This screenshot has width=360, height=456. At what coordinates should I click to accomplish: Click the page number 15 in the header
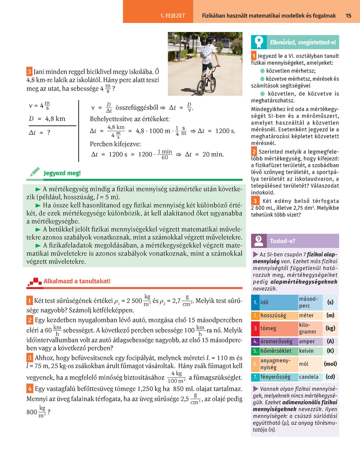click(x=348, y=15)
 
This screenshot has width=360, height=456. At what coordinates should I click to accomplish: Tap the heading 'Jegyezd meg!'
click(x=62, y=173)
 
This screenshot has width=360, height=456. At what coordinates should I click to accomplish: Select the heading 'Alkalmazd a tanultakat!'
click(x=77, y=281)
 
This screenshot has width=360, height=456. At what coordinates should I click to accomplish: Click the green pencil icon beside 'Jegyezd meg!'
click(x=35, y=172)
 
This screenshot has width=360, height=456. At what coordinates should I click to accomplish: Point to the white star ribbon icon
click(x=259, y=42)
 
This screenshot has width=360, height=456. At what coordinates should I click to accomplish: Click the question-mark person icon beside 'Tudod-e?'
click(x=259, y=241)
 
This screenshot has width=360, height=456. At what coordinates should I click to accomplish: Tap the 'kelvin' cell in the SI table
click(x=306, y=351)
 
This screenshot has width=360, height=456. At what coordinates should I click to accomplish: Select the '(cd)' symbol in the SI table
click(x=330, y=377)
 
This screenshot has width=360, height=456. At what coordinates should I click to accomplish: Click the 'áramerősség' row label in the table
click(x=276, y=341)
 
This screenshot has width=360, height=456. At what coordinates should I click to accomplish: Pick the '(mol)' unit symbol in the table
click(x=330, y=364)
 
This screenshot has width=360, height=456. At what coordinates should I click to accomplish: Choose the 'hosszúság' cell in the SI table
click(x=273, y=315)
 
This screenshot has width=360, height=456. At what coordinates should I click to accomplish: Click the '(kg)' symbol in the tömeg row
click(x=330, y=328)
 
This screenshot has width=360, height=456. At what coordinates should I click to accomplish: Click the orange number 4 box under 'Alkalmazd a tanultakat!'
click(x=30, y=388)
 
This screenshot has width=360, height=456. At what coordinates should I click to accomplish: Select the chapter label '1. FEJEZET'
click(x=172, y=16)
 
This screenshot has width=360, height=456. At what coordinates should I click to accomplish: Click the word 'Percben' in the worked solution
click(x=101, y=144)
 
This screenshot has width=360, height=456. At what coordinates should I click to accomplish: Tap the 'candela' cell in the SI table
click(x=309, y=377)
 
